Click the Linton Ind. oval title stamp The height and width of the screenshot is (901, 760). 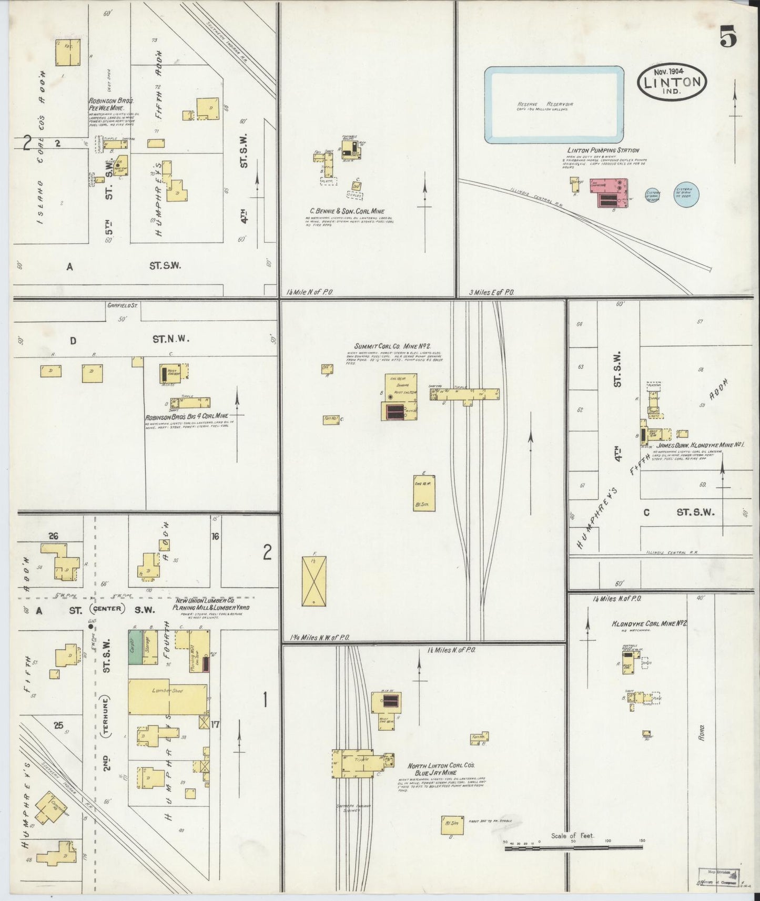coord(672,82)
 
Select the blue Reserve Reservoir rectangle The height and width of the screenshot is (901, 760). coord(554,105)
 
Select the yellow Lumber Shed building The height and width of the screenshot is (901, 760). coord(168,699)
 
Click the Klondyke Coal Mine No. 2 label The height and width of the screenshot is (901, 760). coord(650,624)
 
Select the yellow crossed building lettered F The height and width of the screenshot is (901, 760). coord(314,581)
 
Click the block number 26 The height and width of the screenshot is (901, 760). coord(53,536)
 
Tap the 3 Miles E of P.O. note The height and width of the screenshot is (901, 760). coord(491,292)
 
